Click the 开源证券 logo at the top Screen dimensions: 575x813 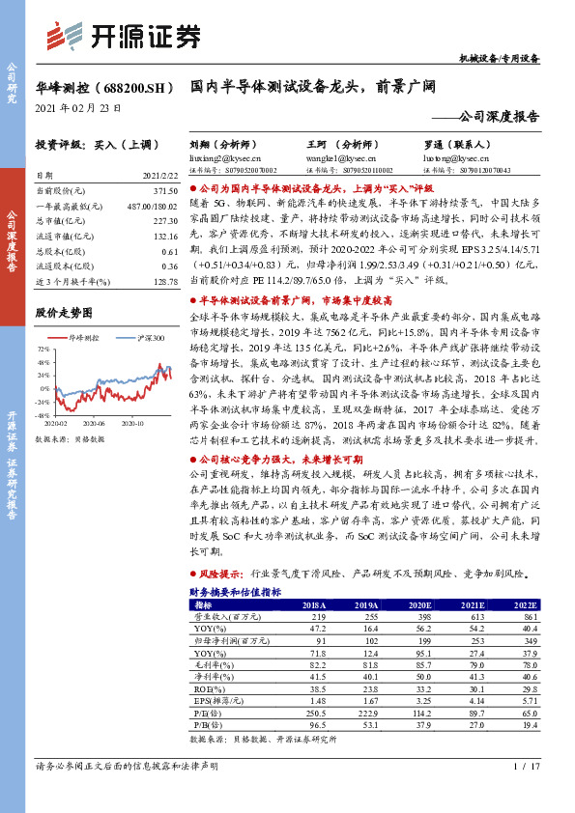pyautogui.click(x=127, y=36)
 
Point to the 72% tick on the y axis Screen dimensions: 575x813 pyautogui.click(x=43, y=349)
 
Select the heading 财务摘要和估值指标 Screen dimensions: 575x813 pyautogui.click(x=236, y=591)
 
